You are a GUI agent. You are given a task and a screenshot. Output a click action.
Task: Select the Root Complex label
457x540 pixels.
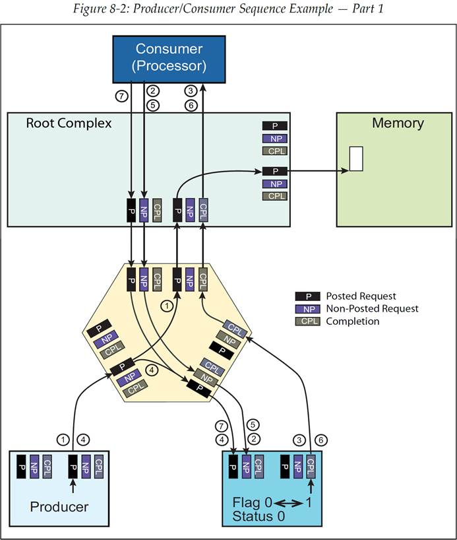click(69, 123)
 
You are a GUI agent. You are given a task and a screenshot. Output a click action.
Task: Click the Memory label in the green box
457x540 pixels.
click(398, 123)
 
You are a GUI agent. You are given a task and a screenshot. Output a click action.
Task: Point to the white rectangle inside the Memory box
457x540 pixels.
click(356, 160)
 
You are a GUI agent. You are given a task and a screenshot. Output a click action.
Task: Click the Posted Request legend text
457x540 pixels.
click(361, 296)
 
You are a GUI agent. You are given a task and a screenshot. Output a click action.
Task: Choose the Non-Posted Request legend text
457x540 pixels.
click(372, 309)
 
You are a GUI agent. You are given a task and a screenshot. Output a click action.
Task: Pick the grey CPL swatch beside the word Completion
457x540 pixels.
click(309, 321)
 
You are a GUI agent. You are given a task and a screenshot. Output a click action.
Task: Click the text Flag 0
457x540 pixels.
click(253, 503)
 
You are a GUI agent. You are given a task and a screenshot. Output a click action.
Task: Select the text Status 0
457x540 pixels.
click(259, 516)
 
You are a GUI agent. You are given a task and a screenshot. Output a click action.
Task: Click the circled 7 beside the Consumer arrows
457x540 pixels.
click(121, 96)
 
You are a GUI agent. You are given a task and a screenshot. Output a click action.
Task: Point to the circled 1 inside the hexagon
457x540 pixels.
click(167, 306)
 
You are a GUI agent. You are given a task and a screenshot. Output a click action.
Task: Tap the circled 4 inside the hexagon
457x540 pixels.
click(152, 371)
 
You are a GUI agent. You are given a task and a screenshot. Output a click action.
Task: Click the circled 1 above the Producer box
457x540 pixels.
click(63, 439)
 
